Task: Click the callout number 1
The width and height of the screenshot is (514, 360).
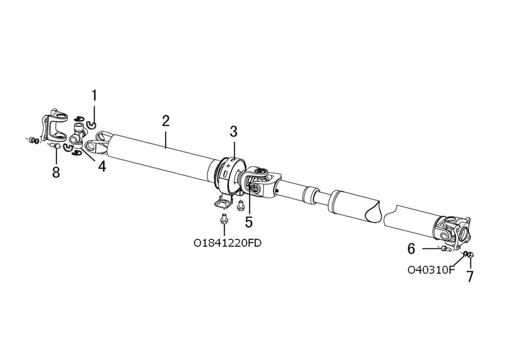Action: point(94,96)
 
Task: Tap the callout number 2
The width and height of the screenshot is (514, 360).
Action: point(165,121)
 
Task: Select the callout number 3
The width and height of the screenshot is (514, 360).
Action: point(233,132)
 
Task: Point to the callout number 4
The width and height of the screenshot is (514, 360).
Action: point(102,166)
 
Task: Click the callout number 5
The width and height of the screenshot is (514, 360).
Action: point(249,222)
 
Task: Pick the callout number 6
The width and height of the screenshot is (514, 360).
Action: point(411,249)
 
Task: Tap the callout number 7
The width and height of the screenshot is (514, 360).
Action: point(470,276)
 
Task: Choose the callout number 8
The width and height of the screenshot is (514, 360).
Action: point(56,172)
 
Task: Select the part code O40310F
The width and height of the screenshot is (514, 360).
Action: point(431,269)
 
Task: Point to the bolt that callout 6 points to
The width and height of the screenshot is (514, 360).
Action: point(445,249)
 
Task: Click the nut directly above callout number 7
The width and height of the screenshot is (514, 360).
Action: point(471,255)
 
